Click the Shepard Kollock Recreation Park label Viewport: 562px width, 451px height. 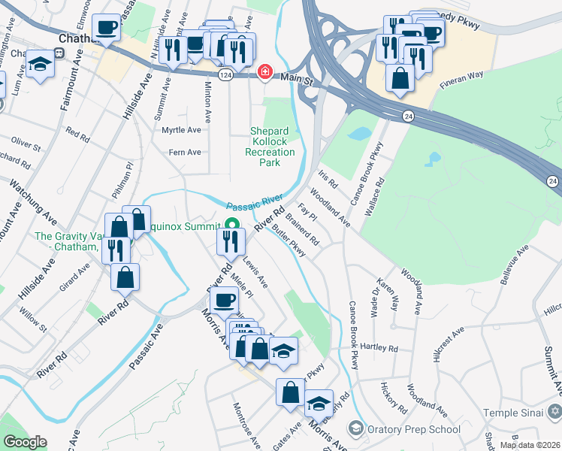click(273, 147)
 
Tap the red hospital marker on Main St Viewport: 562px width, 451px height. click(264, 72)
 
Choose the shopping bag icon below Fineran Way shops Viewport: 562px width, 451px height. click(400, 77)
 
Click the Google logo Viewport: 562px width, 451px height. click(24, 442)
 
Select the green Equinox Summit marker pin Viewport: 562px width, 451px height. click(232, 223)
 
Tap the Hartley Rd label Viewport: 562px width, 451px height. click(378, 347)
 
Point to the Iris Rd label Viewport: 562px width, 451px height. click(328, 179)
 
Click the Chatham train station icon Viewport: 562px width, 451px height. click(58, 53)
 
